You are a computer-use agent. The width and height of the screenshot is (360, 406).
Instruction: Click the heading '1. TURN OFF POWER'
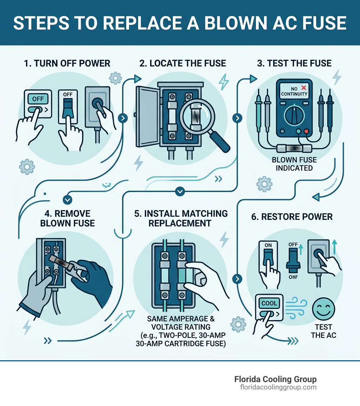pyautogui.click(x=67, y=63)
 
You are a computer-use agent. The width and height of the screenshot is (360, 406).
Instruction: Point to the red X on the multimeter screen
pyautogui.click(x=303, y=88)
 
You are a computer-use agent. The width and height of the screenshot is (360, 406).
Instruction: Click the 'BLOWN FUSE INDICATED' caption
pyautogui.click(x=294, y=164)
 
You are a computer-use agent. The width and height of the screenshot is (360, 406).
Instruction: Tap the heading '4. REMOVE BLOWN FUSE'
pyautogui.click(x=67, y=218)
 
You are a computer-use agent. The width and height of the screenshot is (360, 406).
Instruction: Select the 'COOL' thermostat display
pyautogui.click(x=269, y=303)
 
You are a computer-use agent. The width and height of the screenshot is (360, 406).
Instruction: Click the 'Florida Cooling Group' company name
pyautogui.click(x=275, y=379)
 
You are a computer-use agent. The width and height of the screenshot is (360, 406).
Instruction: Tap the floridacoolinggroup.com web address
pyautogui.click(x=278, y=387)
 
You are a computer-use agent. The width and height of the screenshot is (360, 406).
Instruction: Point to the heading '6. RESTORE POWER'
pyautogui.click(x=292, y=216)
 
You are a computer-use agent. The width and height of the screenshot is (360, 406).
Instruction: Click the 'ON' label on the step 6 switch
pyautogui.click(x=268, y=245)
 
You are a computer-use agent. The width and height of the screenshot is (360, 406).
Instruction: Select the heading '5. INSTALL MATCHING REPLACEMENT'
pyautogui.click(x=181, y=218)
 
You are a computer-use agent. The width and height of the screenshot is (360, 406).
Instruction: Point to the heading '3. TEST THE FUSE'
pyautogui.click(x=294, y=63)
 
